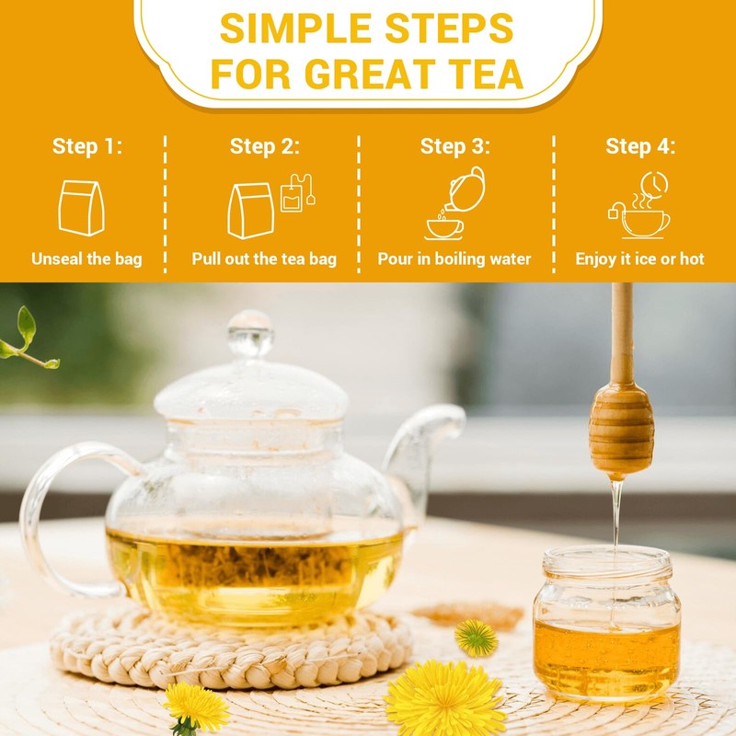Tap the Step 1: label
86,146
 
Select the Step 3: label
455,146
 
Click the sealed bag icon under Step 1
82,207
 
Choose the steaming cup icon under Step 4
640,206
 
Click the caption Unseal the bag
86,259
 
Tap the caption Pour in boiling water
454,259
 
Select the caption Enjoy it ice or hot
640,259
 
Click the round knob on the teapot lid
250,333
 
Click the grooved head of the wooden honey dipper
622,428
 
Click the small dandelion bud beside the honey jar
476,638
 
